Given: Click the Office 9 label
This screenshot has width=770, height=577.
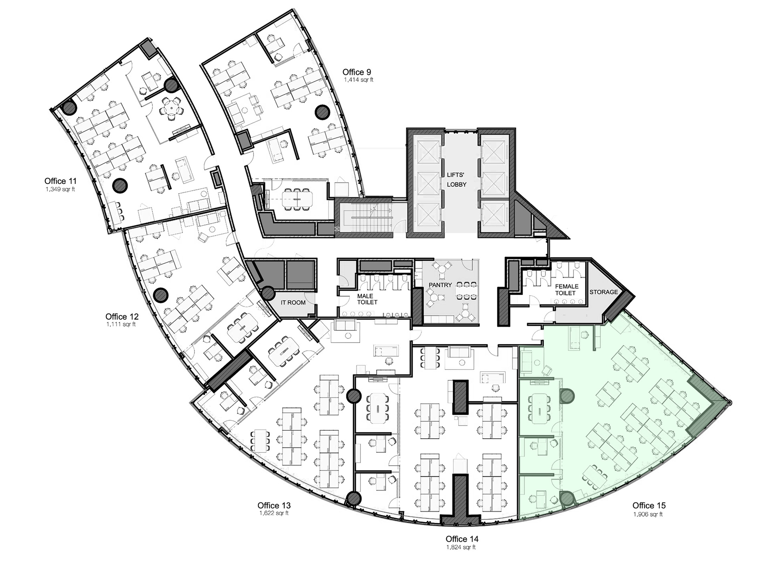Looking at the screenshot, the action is (357, 72).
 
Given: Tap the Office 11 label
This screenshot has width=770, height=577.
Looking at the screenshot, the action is (61, 181).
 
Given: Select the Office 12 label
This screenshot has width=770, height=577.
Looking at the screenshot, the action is (122, 317).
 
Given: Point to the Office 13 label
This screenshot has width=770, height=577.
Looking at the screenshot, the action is (274, 505).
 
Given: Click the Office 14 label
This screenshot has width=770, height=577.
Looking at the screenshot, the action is (462, 539).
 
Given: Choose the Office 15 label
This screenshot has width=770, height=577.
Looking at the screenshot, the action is (649, 505).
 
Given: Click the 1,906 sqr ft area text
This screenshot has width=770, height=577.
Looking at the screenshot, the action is (648, 514).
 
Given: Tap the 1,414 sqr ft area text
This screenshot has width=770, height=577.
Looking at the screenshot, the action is (359, 80).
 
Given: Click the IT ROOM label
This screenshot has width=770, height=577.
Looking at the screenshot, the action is (293, 303).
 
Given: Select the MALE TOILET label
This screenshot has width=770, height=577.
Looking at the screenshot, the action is (367, 299).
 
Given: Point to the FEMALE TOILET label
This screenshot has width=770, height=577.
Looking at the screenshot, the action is (566, 290).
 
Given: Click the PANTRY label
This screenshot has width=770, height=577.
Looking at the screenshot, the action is (440, 285).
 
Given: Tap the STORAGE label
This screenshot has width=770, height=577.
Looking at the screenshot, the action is (604, 292).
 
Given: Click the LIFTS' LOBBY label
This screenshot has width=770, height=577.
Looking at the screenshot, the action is (456, 180).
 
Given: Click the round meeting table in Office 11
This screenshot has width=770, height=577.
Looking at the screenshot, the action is (171, 107).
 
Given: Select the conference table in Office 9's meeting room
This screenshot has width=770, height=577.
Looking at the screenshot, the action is (297, 199).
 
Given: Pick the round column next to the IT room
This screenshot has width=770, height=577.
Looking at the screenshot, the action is (267, 294).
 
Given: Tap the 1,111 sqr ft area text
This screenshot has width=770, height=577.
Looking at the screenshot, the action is (121, 325).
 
